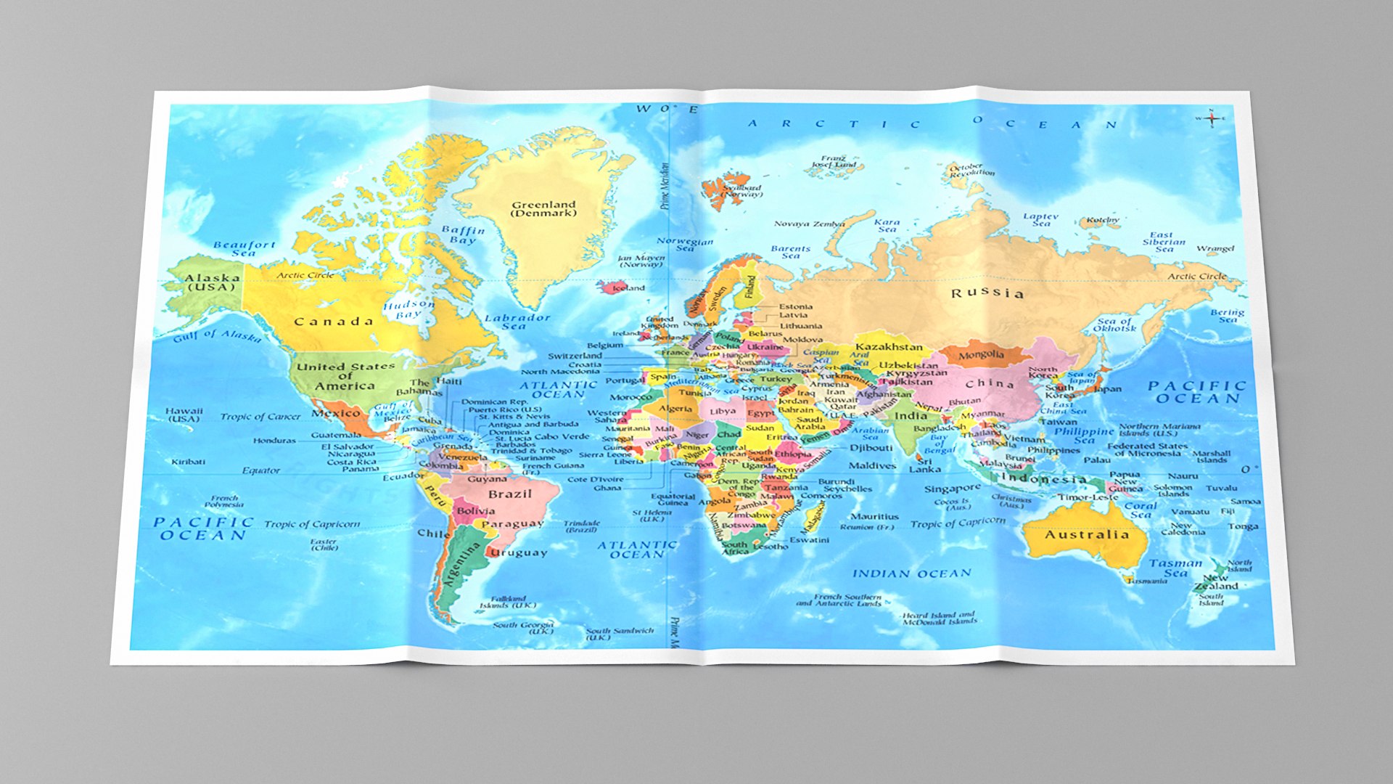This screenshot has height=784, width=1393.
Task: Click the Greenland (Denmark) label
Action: coord(543,209)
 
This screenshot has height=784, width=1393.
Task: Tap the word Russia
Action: coord(987,293)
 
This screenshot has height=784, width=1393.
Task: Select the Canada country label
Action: coord(334,321)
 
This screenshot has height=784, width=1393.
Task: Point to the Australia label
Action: coord(1087,535)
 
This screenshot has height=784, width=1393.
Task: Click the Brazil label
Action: coord(510,494)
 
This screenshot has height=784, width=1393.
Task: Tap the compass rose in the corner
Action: coord(1211,118)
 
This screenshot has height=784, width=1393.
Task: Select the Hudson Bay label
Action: coord(408,309)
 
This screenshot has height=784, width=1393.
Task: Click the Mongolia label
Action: coord(981,355)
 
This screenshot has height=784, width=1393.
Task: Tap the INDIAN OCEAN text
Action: coord(911,573)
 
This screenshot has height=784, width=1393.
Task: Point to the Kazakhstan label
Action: coord(889,347)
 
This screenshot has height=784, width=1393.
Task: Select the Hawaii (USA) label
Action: coord(184,415)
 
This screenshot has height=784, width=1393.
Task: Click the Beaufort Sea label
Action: coord(245,249)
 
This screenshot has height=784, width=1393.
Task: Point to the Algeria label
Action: coord(675,409)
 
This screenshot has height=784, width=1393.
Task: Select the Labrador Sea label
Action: coord(517,322)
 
